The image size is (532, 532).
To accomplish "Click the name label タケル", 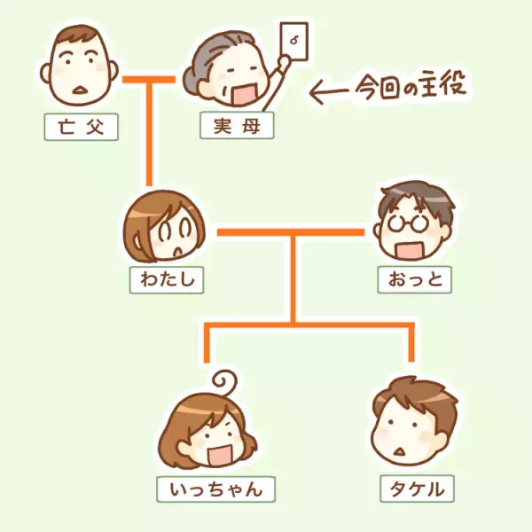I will pyautogui.click(x=411, y=489).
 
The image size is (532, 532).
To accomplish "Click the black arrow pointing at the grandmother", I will pyautogui.click(x=332, y=90).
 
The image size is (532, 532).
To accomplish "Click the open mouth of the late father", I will pyautogui.click(x=80, y=89).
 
